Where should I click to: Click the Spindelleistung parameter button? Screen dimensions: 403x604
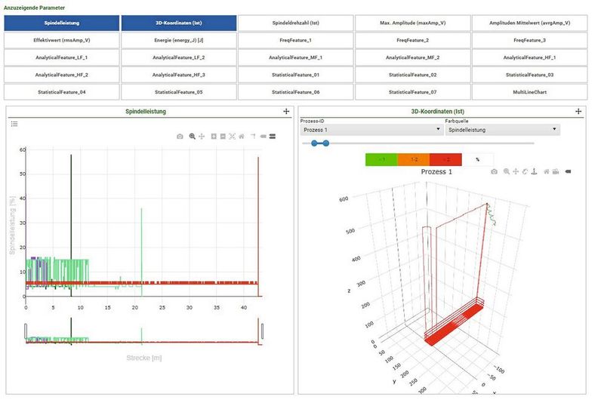tap(61, 23)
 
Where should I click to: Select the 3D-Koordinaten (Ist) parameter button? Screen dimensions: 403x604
tap(178, 23)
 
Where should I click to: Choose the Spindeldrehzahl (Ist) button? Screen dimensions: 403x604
tap(295, 23)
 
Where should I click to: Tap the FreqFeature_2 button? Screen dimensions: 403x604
tap(412, 39)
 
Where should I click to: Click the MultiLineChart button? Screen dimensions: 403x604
tap(529, 92)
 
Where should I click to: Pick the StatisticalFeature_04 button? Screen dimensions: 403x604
tap(61, 92)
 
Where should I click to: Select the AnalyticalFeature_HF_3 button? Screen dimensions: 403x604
tap(178, 75)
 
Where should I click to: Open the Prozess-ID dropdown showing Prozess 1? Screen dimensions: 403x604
tap(371, 130)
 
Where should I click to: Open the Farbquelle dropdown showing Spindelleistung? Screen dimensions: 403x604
tap(502, 130)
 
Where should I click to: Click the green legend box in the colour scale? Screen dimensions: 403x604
tap(382, 159)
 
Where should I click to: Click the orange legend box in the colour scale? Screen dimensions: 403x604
tap(414, 159)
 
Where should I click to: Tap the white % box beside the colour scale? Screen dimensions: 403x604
tap(477, 159)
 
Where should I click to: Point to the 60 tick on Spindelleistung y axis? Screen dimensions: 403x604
tap(23, 149)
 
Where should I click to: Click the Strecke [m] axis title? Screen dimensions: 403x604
tap(144, 357)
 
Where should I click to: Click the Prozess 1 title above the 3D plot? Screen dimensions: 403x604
tap(436, 172)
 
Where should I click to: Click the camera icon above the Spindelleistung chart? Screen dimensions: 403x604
tap(180, 137)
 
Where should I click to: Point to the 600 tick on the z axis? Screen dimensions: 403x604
tap(344, 199)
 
